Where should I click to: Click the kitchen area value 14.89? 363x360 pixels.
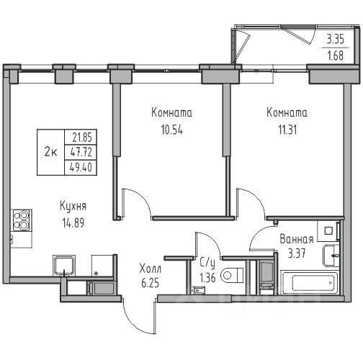(x=73, y=222)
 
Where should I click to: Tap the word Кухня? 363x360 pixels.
(x=73, y=207)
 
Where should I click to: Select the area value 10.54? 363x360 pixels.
(x=172, y=130)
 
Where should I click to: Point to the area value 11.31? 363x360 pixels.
(x=287, y=130)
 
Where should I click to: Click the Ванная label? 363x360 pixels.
(x=297, y=239)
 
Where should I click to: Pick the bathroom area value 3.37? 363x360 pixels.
(x=297, y=253)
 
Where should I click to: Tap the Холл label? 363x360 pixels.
(x=151, y=269)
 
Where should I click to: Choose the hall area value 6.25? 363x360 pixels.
(x=151, y=283)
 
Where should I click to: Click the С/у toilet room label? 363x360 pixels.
(x=207, y=263)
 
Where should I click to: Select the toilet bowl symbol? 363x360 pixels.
(x=232, y=275)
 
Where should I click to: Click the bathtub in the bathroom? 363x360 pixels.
(x=310, y=282)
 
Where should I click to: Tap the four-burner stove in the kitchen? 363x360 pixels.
(x=22, y=220)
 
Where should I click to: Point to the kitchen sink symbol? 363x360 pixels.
(x=64, y=265)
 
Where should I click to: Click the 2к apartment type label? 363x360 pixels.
(x=50, y=152)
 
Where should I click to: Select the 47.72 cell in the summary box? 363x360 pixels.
(x=81, y=152)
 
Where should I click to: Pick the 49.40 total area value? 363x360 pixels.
(x=81, y=167)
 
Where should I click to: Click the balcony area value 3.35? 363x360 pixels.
(x=336, y=39)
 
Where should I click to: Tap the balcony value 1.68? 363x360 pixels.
(x=336, y=55)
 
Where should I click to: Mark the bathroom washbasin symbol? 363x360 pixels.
(x=331, y=256)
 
